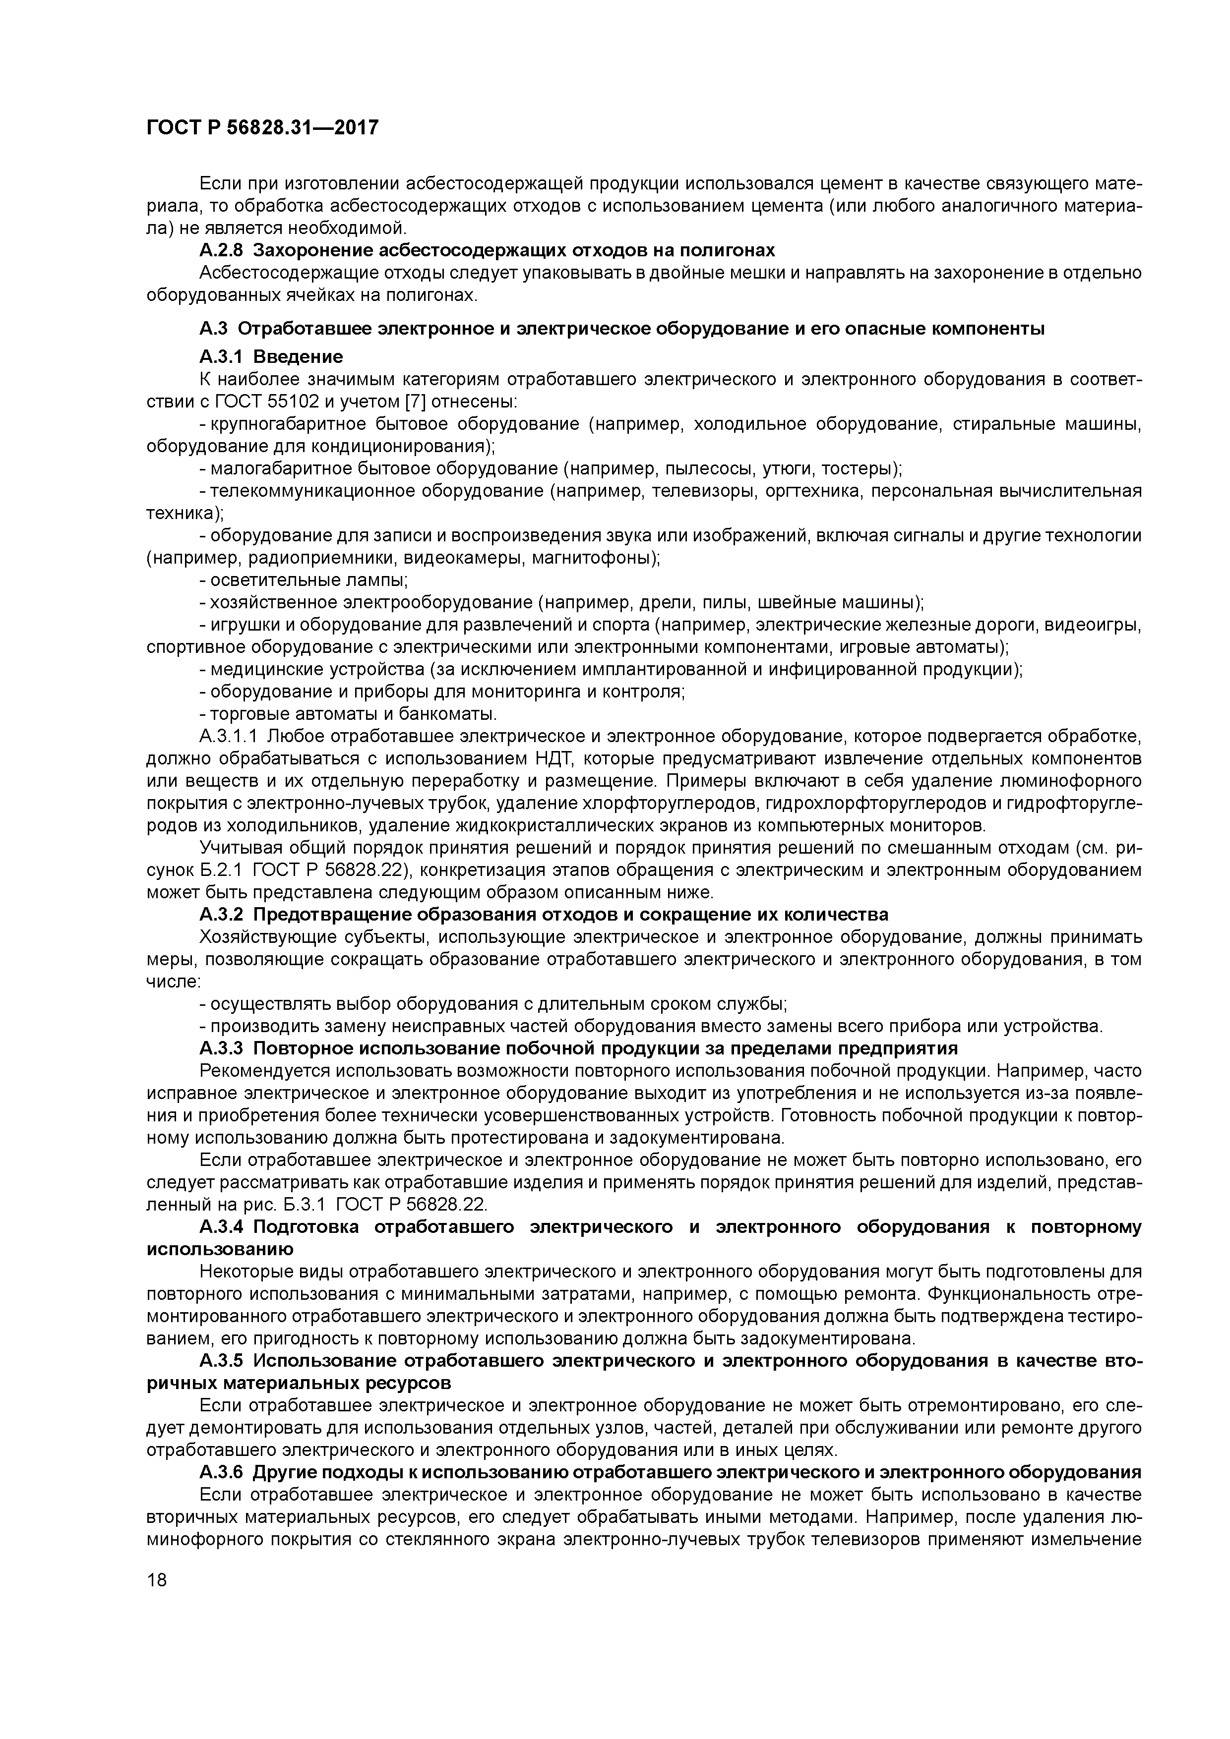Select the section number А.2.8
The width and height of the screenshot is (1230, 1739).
[x=222, y=251]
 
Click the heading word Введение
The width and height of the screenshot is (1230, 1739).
[x=298, y=357]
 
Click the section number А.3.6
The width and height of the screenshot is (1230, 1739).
[x=222, y=1472]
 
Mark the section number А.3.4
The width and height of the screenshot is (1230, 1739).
[x=222, y=1227]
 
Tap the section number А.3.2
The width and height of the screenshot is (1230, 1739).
[x=222, y=915]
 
